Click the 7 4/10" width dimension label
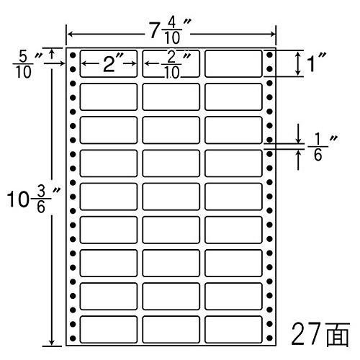click(171, 31)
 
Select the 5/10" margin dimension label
click(27, 65)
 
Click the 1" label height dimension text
click(317, 63)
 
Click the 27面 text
click(320, 333)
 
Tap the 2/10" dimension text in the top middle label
click(176, 64)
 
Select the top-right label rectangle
click(233, 64)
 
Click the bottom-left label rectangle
click(109, 330)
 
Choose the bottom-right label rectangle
click(233, 330)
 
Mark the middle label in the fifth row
click(171, 197)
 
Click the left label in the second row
click(109, 97)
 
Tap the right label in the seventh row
click(233, 263)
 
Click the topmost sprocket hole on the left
click(73, 55)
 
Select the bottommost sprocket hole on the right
click(269, 338)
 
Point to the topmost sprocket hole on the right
click(269, 55)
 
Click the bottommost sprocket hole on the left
click(73, 338)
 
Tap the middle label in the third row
click(171, 130)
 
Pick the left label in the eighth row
click(109, 297)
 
